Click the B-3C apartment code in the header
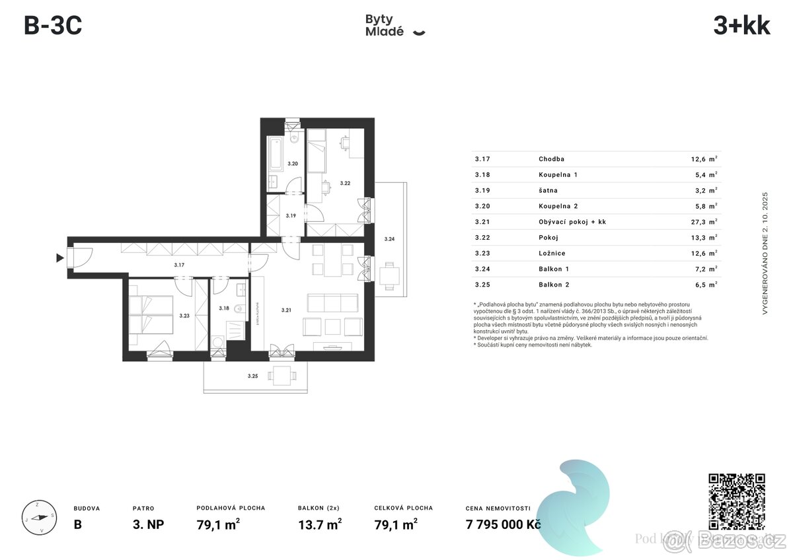tap(53, 26)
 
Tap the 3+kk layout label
tap(741, 26)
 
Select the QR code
tap(737, 501)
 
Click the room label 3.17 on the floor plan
tap(179, 265)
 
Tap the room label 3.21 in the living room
tap(286, 310)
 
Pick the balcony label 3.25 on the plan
tap(252, 376)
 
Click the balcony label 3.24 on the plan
tap(389, 239)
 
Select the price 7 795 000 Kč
tap(503, 524)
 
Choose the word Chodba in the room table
tap(551, 159)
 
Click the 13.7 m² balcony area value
tap(320, 524)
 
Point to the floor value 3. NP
tap(148, 524)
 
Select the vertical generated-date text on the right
tap(765, 252)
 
